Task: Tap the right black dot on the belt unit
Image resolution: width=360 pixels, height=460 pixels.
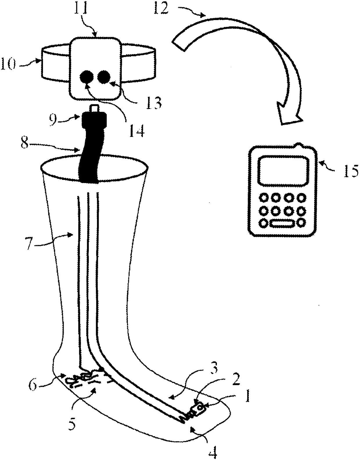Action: coord(104,78)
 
